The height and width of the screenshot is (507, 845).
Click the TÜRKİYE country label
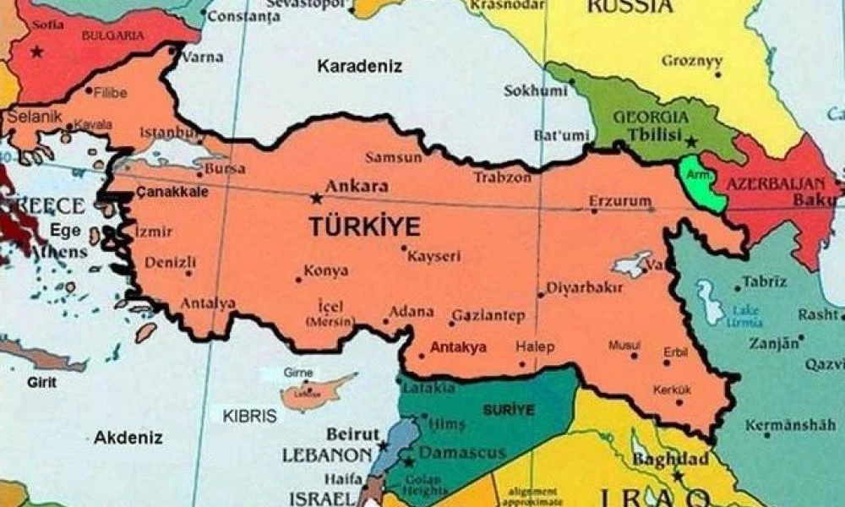point(364,226)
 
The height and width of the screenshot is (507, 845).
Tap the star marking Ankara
point(317,199)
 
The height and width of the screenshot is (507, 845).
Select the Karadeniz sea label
point(360,66)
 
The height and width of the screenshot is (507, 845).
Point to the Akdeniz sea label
point(128,437)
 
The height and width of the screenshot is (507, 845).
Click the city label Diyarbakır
point(584,287)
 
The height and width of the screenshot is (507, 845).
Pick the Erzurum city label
point(621,201)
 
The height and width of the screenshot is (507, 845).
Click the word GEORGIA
point(651,117)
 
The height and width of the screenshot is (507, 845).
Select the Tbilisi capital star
point(692,142)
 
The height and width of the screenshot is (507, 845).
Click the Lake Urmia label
point(746,315)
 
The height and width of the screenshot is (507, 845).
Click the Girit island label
point(42,382)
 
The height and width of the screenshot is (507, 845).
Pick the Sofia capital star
point(36,52)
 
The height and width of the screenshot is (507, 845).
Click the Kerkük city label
point(672,390)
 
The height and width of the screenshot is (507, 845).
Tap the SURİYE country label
point(509,410)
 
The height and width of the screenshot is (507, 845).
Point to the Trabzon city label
point(502,177)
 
